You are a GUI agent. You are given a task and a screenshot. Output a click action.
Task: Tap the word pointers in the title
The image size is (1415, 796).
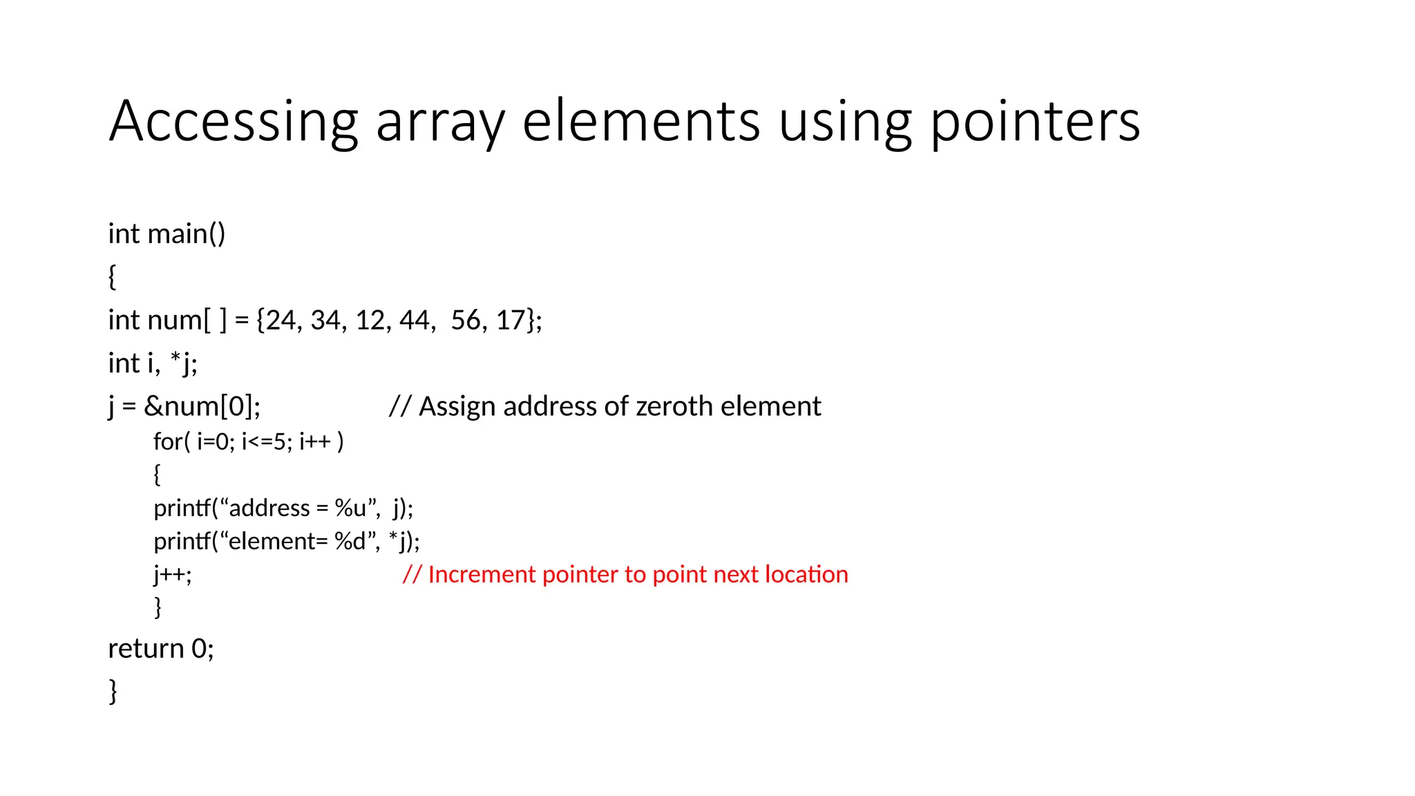coord(1035,122)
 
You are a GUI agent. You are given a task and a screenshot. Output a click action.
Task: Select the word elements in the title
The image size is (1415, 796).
coord(640,122)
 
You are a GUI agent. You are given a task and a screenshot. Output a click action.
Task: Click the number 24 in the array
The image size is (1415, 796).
coord(281,321)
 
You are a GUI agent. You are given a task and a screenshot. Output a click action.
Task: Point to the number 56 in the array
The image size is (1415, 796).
coord(466,321)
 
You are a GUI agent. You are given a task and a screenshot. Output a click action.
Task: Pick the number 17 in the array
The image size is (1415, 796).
coord(511,321)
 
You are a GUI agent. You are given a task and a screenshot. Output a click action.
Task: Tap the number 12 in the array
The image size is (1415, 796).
coord(370,321)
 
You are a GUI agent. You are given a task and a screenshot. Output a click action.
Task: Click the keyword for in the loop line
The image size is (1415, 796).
coord(168,442)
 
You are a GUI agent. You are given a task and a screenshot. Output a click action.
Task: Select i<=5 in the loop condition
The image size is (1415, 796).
coord(264,442)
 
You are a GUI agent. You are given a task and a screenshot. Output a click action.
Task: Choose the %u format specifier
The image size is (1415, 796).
coord(350,509)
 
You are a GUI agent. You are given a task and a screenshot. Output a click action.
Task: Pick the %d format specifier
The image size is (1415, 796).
coord(350,541)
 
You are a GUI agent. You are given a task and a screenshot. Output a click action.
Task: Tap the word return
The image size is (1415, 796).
coord(146,649)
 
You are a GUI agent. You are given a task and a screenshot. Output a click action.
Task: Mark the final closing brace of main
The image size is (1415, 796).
coord(113,691)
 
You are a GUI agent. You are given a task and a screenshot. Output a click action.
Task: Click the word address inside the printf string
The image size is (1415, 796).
coord(269,509)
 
